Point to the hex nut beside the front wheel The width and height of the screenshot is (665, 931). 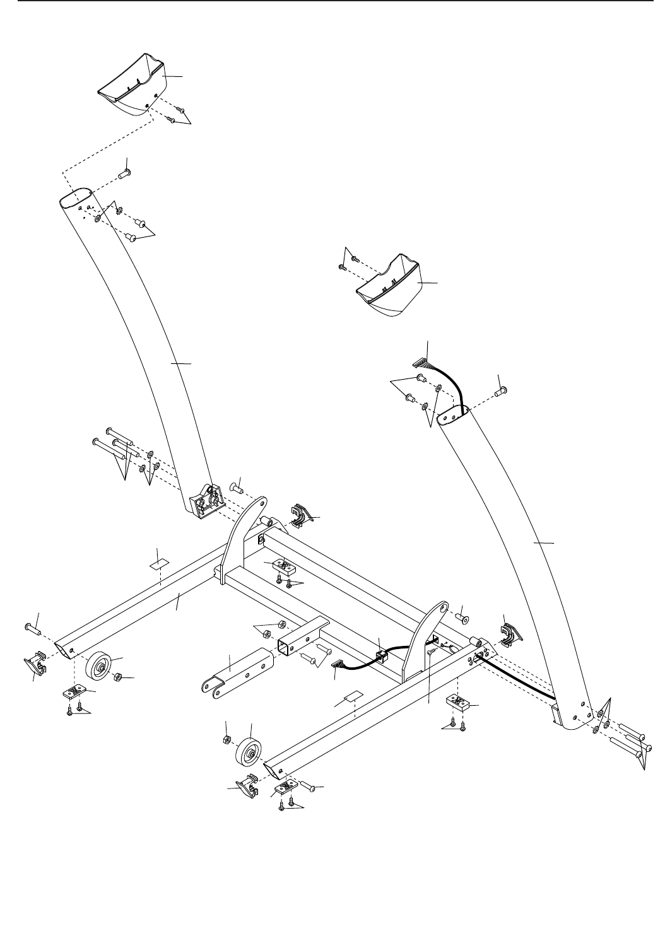[x=226, y=739]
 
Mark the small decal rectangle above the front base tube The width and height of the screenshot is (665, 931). [x=353, y=698]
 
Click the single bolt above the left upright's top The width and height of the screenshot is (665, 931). [x=124, y=171]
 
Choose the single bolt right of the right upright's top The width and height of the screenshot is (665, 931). [x=502, y=392]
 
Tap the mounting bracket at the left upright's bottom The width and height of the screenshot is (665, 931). [x=205, y=501]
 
